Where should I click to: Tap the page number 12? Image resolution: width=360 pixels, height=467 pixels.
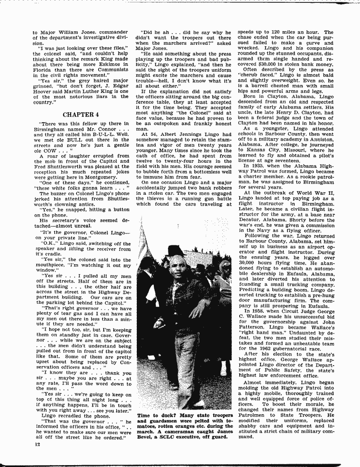tap(36, 444)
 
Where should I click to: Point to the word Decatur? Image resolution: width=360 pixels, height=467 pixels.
tap(250, 219)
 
